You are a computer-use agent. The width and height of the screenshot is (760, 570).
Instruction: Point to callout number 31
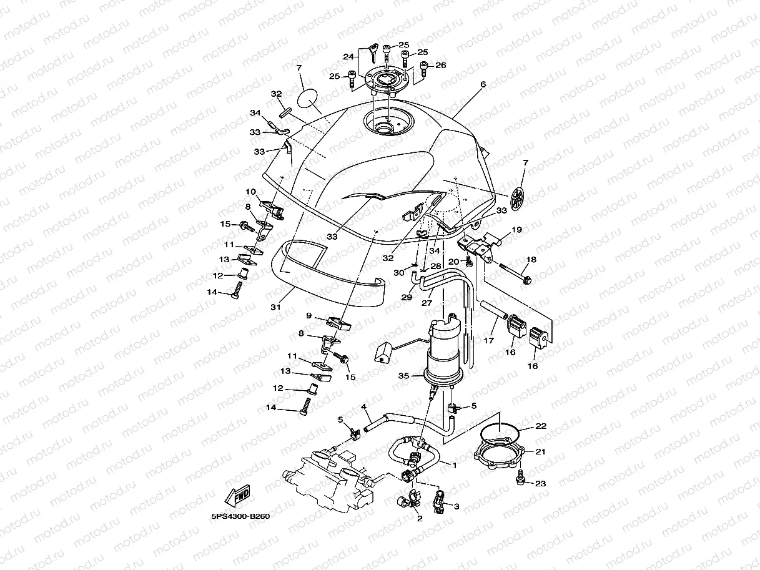(x=275, y=307)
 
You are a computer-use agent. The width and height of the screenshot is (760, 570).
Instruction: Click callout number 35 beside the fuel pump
(x=403, y=376)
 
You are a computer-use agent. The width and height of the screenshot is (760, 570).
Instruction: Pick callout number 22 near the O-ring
(x=541, y=426)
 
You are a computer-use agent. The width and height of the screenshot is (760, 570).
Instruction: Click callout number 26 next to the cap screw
(x=441, y=65)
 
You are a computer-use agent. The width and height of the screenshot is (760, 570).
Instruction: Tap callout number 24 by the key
(x=348, y=56)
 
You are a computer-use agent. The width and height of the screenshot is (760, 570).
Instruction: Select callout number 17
(x=489, y=341)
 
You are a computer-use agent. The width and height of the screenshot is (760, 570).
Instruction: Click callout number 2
(x=419, y=518)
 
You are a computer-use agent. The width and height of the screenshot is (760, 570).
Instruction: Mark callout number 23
(x=540, y=483)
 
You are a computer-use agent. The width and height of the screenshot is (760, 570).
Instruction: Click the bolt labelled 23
(x=520, y=478)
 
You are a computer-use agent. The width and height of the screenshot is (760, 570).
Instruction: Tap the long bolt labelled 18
(x=512, y=272)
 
